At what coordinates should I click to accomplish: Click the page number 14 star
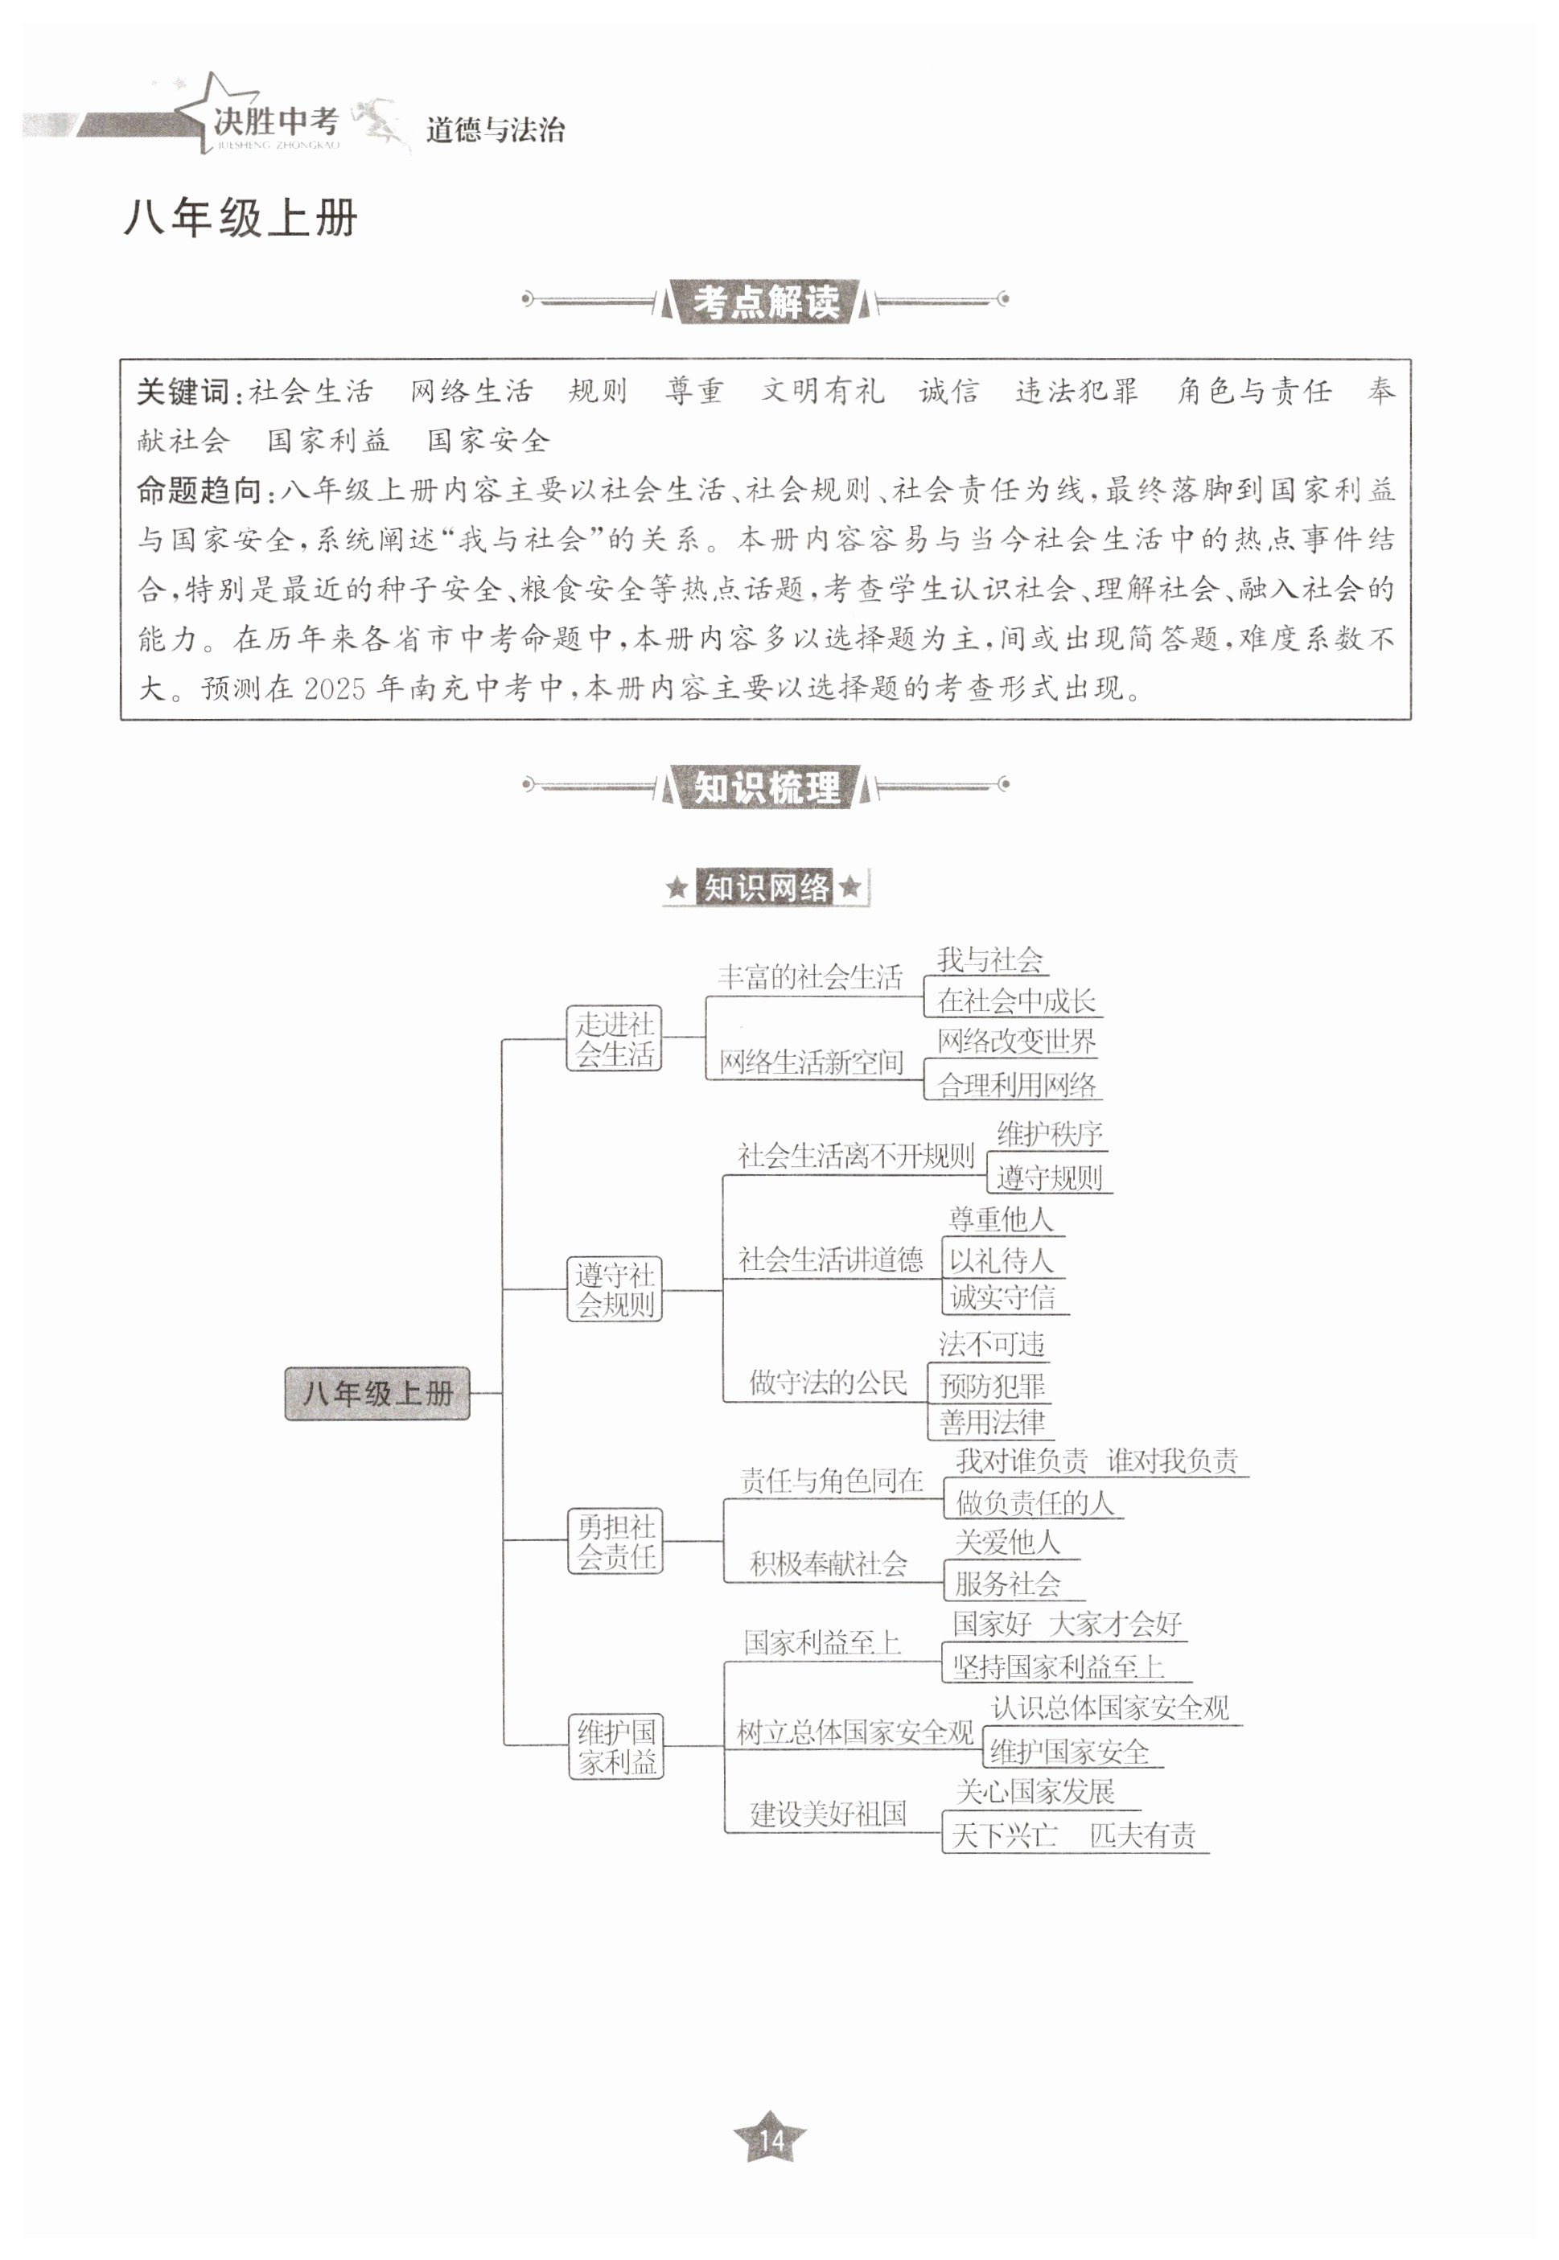pyautogui.click(x=770, y=2141)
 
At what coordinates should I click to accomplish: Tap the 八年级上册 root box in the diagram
pyautogui.click(x=377, y=1393)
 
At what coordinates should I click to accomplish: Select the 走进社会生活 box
pyautogui.click(x=615, y=1038)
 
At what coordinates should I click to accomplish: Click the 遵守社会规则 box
pyautogui.click(x=615, y=1289)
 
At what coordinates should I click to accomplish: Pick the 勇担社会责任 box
pyautogui.click(x=615, y=1541)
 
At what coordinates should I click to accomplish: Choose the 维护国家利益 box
pyautogui.click(x=616, y=1746)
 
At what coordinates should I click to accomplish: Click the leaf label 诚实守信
pyautogui.click(x=1002, y=1297)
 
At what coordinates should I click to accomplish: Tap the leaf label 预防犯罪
pyautogui.click(x=991, y=1385)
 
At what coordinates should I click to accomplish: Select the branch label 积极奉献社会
pyautogui.click(x=829, y=1564)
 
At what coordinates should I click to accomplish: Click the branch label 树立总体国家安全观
pyautogui.click(x=854, y=1732)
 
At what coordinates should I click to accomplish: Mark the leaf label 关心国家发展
pyautogui.click(x=1035, y=1792)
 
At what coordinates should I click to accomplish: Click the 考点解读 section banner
pyautogui.click(x=766, y=302)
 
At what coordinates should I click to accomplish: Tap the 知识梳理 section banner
pyautogui.click(x=766, y=787)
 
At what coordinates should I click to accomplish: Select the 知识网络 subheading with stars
pyautogui.click(x=766, y=888)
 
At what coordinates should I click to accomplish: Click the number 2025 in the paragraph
pyautogui.click(x=334, y=689)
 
